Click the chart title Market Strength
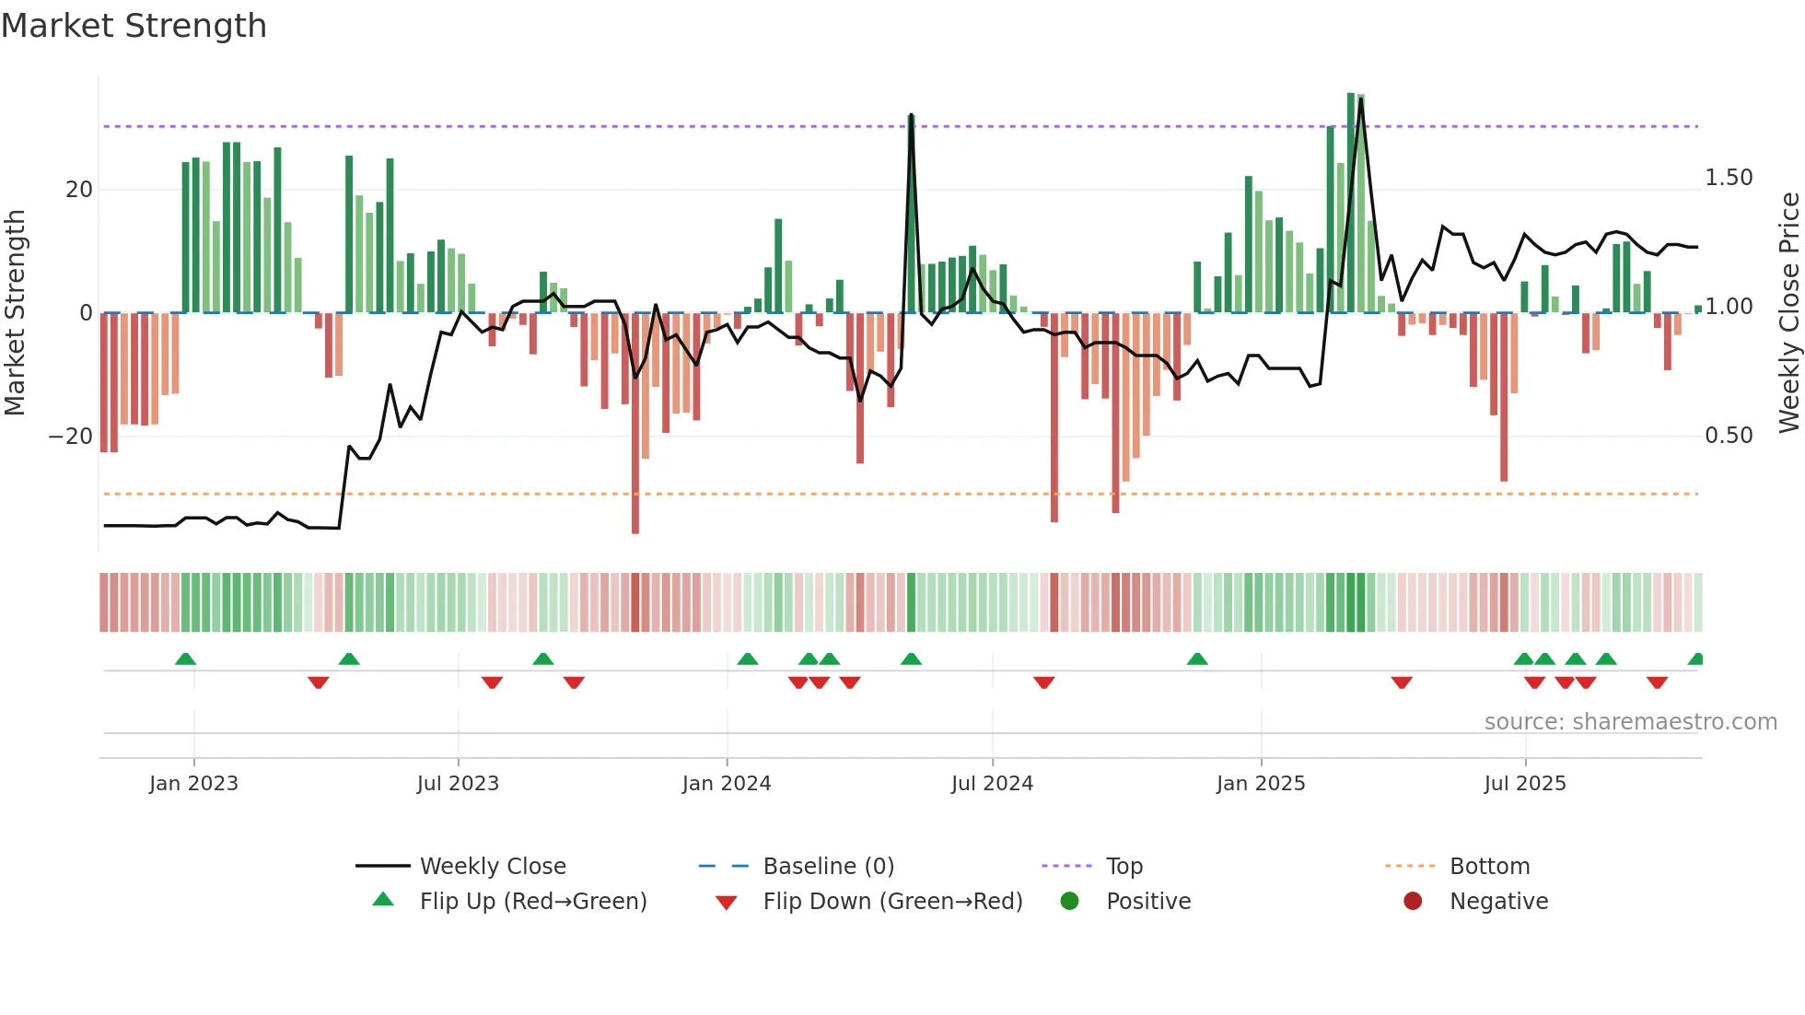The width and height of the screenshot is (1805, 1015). click(134, 26)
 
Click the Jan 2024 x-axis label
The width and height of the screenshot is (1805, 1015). click(726, 784)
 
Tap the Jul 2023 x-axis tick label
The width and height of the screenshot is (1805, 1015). click(458, 784)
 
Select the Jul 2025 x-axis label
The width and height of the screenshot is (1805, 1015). click(1524, 784)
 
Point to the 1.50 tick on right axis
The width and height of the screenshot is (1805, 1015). click(1728, 178)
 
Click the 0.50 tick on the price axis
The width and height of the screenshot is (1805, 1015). click(1728, 436)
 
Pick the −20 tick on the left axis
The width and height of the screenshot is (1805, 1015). click(71, 437)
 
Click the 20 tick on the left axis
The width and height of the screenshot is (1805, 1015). click(79, 190)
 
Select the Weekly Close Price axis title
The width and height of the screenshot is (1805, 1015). click(1788, 312)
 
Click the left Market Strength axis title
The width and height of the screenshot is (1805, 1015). click(16, 312)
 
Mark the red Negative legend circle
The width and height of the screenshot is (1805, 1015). click(1413, 902)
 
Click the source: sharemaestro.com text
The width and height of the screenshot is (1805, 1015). click(1630, 722)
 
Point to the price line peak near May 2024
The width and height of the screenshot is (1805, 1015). click(911, 116)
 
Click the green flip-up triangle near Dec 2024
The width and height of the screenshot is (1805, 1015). click(1197, 659)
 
